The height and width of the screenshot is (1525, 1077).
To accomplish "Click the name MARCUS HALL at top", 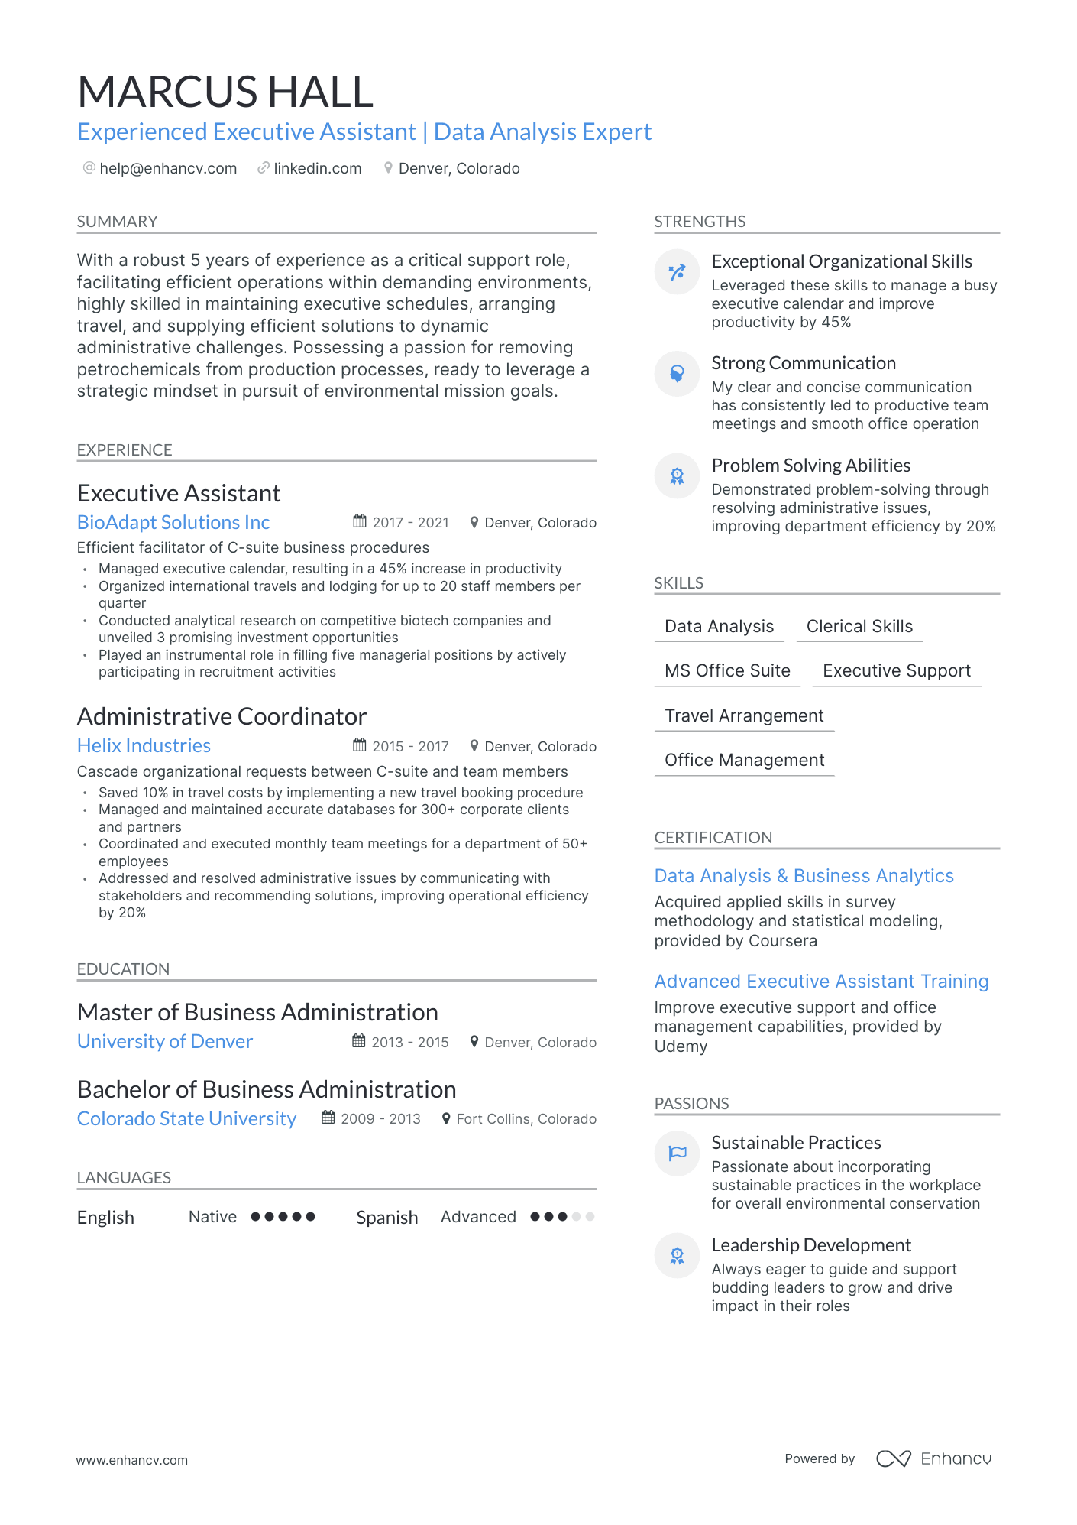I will (225, 92).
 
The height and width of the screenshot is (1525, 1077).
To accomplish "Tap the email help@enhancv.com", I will (168, 168).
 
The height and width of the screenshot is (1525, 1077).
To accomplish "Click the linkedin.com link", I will (317, 168).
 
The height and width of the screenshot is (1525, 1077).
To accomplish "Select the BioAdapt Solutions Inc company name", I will (173, 522).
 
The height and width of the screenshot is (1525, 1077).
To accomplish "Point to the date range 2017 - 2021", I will (410, 523).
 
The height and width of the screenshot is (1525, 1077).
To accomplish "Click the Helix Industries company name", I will (144, 745).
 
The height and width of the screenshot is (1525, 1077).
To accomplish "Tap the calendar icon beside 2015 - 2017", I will (359, 745).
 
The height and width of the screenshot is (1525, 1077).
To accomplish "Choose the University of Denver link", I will (165, 1041).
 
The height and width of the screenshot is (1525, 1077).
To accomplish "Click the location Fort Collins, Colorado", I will (526, 1119).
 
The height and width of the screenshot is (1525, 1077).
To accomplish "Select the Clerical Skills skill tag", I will (859, 626).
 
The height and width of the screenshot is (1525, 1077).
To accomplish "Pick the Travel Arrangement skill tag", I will (744, 715).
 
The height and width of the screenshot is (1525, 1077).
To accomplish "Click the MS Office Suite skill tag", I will (727, 670).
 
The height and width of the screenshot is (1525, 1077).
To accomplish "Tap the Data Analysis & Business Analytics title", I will (804, 876).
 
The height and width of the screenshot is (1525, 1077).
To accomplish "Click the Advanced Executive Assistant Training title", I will (821, 982).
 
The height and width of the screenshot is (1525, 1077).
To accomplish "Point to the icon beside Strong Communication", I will (677, 374).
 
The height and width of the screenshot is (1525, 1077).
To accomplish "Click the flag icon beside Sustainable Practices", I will (677, 1153).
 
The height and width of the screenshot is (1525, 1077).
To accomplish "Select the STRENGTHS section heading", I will (700, 222).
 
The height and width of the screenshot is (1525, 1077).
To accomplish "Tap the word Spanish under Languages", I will (386, 1218).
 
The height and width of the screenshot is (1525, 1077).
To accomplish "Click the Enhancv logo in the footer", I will (933, 1458).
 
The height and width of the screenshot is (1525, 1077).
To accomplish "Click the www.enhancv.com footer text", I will (131, 1460).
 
